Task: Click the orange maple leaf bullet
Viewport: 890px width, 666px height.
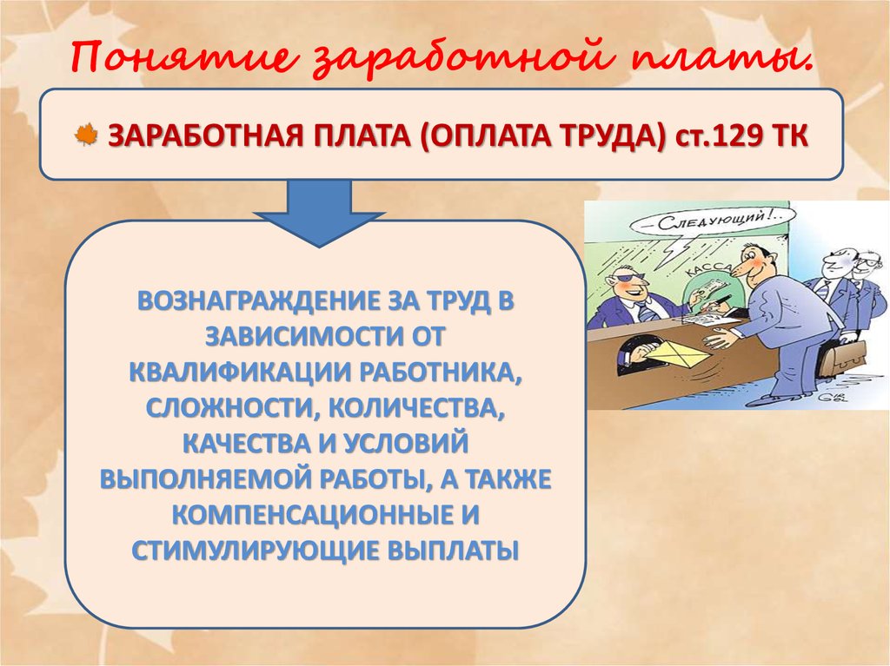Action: tap(87, 137)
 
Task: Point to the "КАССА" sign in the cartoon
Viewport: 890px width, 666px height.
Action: tap(705, 271)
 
